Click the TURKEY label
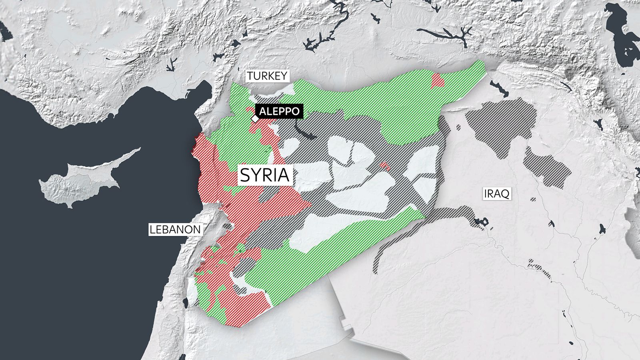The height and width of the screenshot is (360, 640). coord(267,76)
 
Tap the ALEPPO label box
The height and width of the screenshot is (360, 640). coord(279,111)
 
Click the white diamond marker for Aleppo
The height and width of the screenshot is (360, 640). coord(254,119)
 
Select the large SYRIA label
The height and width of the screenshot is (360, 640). coord(265,175)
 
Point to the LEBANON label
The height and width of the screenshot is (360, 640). coord(175,229)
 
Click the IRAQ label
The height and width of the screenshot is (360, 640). coord(496,194)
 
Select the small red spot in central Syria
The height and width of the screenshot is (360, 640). coord(384,166)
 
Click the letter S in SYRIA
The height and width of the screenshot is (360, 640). coord(245,175)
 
